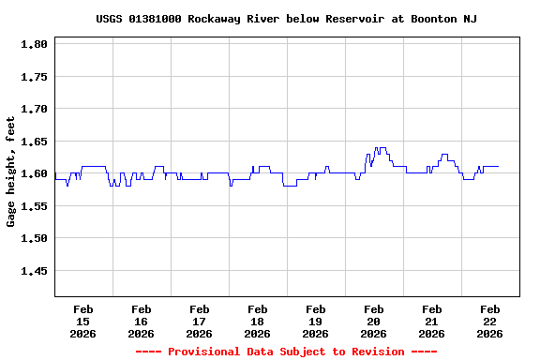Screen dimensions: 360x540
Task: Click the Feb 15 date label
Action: point(83,321)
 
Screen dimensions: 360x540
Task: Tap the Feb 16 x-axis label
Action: point(142,321)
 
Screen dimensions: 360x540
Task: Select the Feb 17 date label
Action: point(200,321)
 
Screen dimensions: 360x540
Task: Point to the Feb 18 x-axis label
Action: point(258,321)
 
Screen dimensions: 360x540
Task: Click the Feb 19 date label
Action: point(316,321)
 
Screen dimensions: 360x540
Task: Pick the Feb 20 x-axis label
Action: point(374,321)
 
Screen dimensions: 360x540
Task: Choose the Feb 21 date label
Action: point(432,321)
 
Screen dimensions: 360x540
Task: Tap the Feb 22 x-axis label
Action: point(490,321)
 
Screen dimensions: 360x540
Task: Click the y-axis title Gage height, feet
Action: point(11,172)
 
